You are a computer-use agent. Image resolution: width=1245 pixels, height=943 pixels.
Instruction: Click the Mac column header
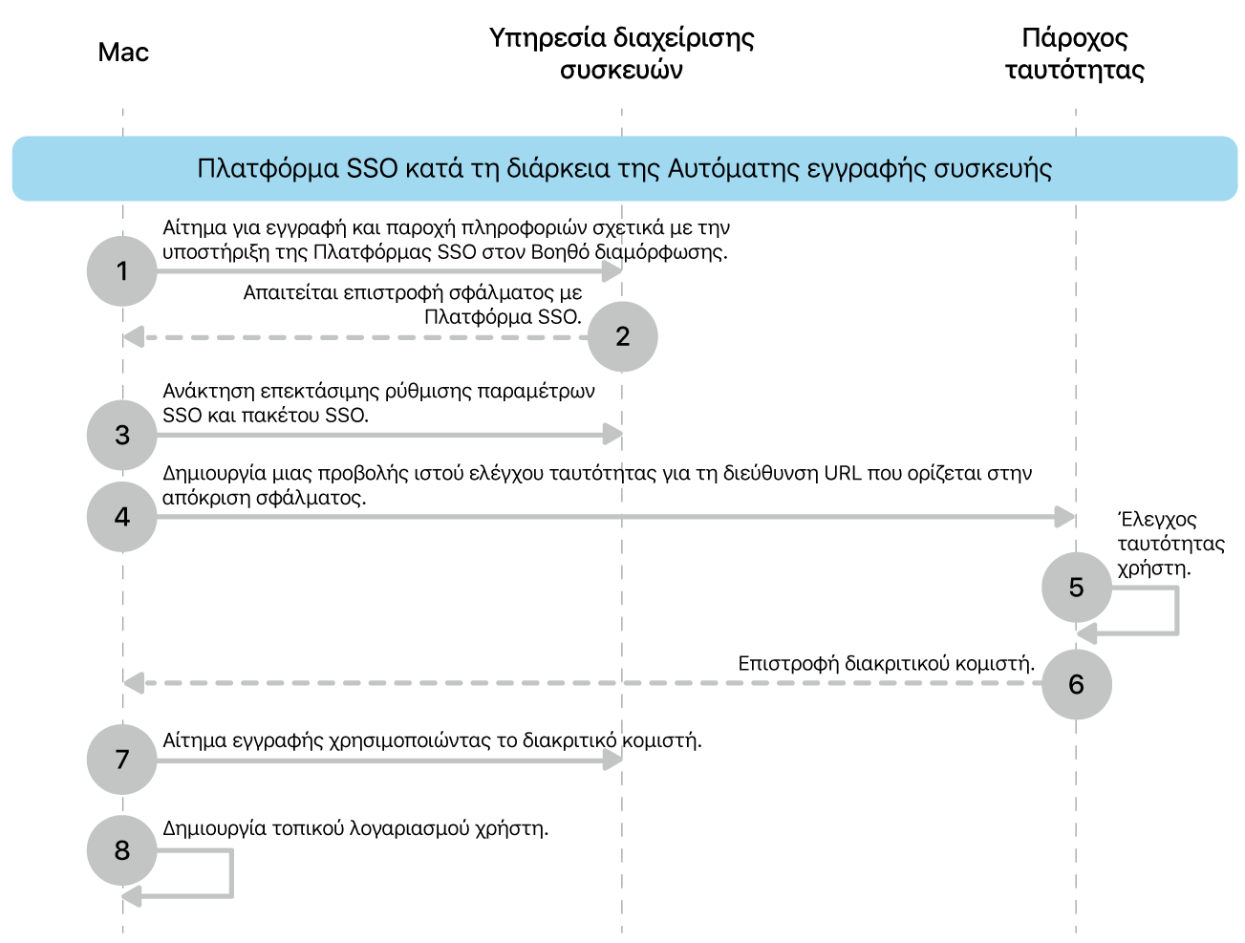click(x=123, y=53)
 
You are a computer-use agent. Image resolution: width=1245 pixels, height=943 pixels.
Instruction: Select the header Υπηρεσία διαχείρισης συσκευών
click(x=621, y=54)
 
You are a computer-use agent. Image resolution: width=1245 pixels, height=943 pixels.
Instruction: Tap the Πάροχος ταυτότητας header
click(x=1075, y=54)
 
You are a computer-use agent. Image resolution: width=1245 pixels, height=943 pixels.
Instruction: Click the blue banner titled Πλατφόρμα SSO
click(x=624, y=169)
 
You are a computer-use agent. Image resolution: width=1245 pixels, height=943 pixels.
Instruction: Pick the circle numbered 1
click(x=122, y=271)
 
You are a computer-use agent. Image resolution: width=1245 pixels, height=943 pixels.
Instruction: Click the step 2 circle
click(x=622, y=336)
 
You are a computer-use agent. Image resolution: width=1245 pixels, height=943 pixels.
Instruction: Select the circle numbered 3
click(x=122, y=435)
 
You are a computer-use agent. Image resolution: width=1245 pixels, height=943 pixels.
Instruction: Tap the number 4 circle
click(x=122, y=517)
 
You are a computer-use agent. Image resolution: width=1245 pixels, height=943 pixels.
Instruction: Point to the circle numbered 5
click(x=1076, y=587)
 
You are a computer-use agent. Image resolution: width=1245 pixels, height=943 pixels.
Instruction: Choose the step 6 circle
click(x=1076, y=684)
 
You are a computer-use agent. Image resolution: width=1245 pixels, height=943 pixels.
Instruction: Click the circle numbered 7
click(x=122, y=760)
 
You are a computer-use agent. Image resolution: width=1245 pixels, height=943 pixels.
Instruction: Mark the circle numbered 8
click(x=122, y=849)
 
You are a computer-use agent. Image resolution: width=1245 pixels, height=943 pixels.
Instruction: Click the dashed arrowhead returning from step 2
click(x=134, y=337)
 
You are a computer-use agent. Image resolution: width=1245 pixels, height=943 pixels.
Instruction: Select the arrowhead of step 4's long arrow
click(x=1065, y=517)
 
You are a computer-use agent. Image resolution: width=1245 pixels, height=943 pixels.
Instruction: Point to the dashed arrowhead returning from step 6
click(x=134, y=683)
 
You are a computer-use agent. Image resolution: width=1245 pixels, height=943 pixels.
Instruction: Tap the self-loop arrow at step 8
click(x=229, y=874)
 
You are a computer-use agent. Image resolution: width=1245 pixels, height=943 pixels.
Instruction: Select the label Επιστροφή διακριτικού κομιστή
click(x=886, y=663)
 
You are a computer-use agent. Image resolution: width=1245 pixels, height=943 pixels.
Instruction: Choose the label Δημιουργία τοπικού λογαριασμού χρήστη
click(x=355, y=828)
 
